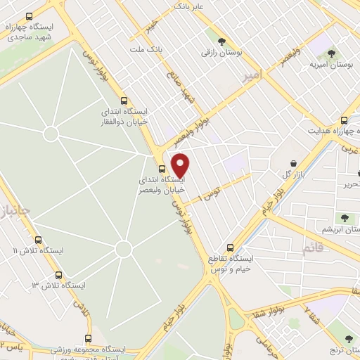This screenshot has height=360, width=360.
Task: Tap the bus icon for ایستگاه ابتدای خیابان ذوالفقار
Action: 124,100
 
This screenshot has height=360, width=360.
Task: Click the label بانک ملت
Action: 146,50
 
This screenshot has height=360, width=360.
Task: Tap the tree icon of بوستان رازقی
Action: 222,41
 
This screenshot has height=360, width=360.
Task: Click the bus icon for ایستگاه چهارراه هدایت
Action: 345,120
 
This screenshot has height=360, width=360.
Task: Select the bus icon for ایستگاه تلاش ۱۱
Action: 37,239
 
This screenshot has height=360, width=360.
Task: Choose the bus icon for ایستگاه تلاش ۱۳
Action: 58,275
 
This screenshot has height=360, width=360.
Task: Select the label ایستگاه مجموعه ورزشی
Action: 87,349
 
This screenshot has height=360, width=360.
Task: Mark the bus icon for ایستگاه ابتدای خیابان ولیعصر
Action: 162,169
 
